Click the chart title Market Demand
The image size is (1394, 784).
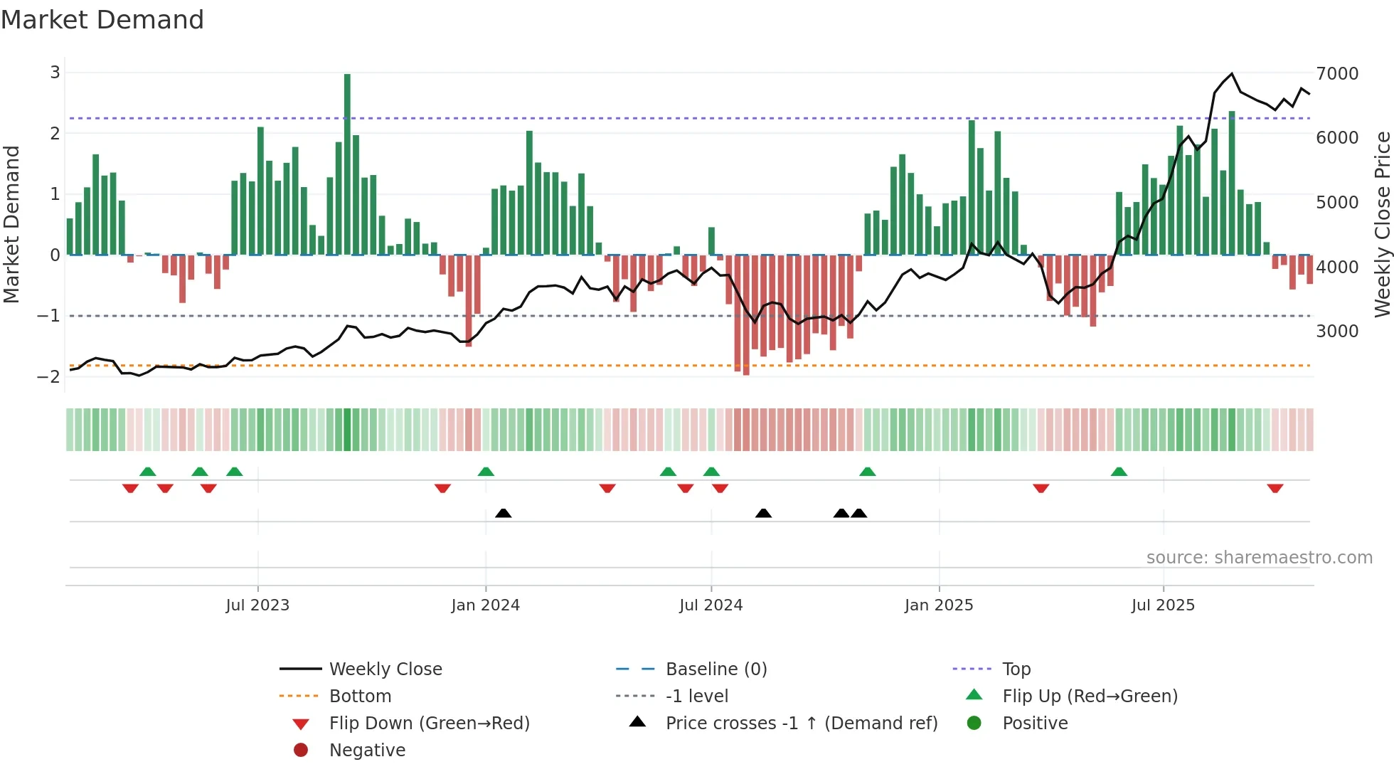click(102, 20)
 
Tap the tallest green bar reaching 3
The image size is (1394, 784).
click(347, 164)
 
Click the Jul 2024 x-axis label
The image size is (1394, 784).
click(711, 605)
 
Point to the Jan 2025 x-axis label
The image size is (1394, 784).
click(938, 605)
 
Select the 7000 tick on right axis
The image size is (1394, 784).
click(1337, 74)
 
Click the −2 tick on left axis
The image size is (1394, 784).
click(49, 376)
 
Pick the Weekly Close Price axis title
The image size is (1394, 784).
click(1382, 224)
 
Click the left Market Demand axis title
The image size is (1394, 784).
click(12, 224)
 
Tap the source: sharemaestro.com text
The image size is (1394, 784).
click(1259, 558)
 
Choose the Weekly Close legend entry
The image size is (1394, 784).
click(385, 669)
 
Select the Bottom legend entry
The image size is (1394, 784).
click(360, 696)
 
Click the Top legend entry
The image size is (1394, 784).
click(1016, 669)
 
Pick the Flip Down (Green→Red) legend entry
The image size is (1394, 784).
click(429, 724)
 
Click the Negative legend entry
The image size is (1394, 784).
click(367, 751)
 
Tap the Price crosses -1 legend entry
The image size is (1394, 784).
click(801, 724)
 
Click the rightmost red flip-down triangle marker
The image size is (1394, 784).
click(1275, 488)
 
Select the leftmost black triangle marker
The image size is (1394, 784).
click(503, 513)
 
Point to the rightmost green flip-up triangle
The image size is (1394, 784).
click(1119, 472)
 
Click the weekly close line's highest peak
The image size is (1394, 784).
click(1232, 74)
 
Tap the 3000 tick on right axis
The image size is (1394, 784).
click(1337, 332)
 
